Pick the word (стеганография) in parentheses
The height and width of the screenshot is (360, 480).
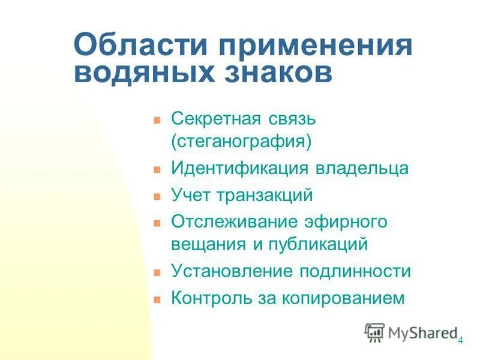coord(242,143)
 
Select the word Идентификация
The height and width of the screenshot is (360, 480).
coord(239,169)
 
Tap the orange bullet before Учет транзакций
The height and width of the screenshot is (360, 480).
coord(158,196)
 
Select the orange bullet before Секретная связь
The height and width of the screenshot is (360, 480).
coord(158,119)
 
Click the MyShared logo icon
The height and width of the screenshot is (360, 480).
coord(374,332)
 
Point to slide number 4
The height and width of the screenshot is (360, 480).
coord(460,341)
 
